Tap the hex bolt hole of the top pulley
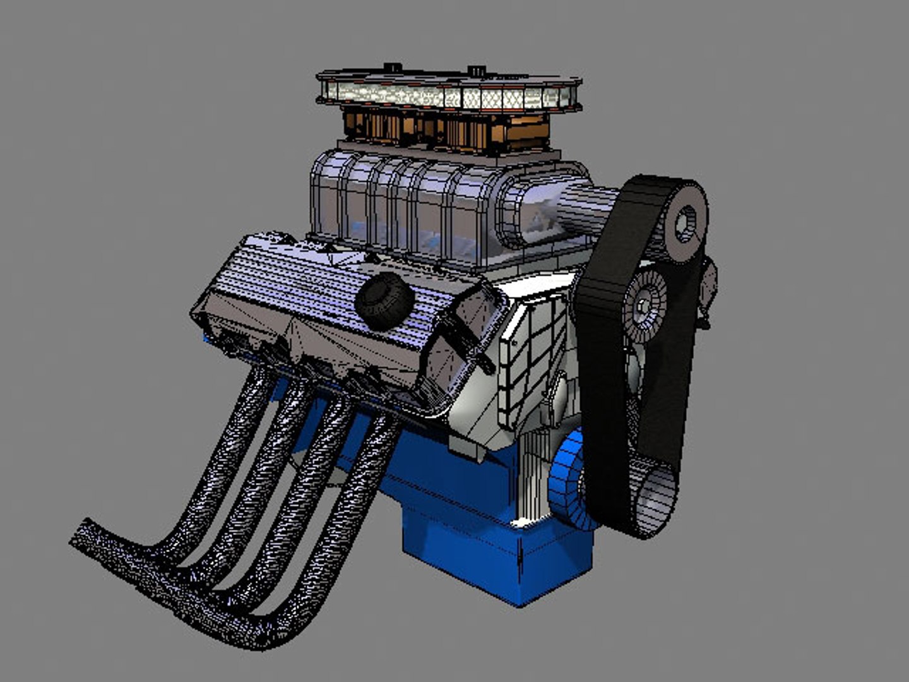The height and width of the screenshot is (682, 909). pos(685,223)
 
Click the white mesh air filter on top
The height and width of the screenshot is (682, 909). pos(448,96)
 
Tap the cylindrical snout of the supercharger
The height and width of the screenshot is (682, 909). pos(568,212)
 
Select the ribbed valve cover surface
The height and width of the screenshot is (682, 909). pos(297,278)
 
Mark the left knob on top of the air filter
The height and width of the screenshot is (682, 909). pos(392,67)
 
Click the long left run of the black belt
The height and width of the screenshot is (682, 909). pos(600,392)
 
